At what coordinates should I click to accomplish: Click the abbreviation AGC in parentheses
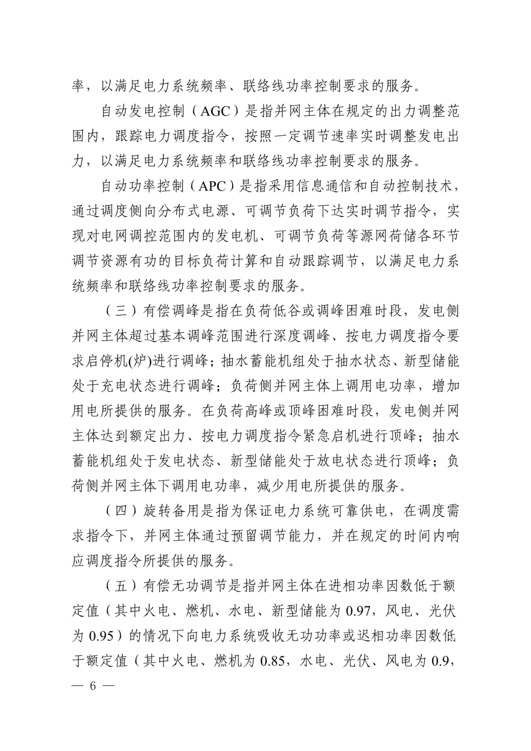pyautogui.click(x=215, y=112)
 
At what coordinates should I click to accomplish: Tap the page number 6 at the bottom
pyautogui.click(x=91, y=686)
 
